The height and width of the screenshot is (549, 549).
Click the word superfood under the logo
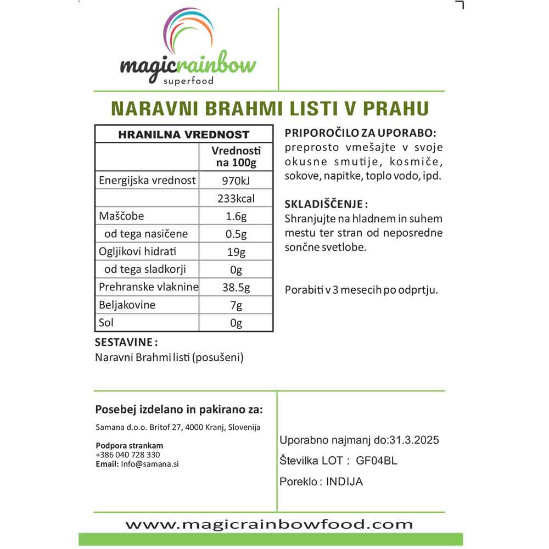click(188, 81)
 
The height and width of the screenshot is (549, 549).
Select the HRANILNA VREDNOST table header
click(184, 135)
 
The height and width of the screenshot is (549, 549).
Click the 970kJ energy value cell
click(236, 181)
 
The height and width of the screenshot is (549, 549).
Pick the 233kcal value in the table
click(236, 198)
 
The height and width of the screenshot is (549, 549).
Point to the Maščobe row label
click(121, 216)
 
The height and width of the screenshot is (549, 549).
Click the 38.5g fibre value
click(236, 287)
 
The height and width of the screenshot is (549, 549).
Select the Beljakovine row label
click(127, 305)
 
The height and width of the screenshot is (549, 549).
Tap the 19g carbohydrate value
click(236, 252)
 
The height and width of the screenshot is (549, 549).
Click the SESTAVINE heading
click(126, 343)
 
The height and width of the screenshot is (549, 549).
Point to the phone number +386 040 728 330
click(127, 455)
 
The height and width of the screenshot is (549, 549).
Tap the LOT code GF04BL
click(377, 461)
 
